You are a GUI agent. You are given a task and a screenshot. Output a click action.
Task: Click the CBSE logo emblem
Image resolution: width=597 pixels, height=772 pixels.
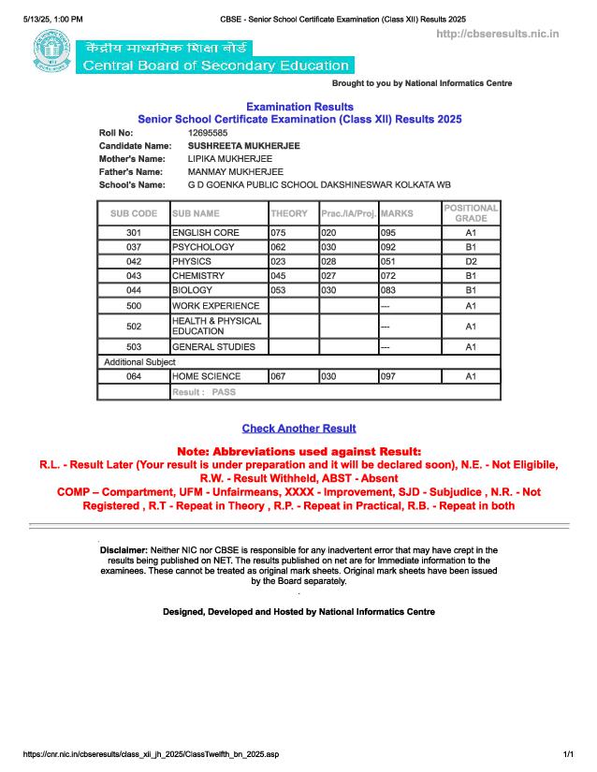pyautogui.click(x=51, y=52)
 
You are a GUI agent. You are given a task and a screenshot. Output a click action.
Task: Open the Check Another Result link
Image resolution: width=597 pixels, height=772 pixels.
pyautogui.click(x=298, y=429)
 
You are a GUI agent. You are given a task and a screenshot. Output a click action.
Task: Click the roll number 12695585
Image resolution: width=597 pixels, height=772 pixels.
pyautogui.click(x=208, y=134)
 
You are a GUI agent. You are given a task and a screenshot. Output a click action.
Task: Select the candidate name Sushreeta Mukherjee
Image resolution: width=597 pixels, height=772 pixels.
pyautogui.click(x=244, y=147)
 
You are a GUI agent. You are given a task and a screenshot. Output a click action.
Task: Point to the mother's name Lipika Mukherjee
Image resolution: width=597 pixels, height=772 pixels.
pyautogui.click(x=229, y=160)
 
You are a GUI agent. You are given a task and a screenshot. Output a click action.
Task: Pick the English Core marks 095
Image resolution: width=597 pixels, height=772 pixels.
pyautogui.click(x=388, y=232)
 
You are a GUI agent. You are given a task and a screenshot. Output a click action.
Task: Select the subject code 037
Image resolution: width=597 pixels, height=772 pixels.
pyautogui.click(x=133, y=247)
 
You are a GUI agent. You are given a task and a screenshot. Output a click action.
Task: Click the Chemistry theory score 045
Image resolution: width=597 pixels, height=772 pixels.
pyautogui.click(x=278, y=276)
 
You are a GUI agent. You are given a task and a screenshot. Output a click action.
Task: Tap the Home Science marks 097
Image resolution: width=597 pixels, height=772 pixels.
pyautogui.click(x=388, y=376)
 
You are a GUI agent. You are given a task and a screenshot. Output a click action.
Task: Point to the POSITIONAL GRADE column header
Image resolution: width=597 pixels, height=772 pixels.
pyautogui.click(x=471, y=212)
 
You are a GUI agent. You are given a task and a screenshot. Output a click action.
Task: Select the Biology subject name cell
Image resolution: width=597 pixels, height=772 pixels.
pyautogui.click(x=192, y=291)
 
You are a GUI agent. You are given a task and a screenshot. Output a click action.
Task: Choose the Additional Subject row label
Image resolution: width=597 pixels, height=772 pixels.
pyautogui.click(x=133, y=362)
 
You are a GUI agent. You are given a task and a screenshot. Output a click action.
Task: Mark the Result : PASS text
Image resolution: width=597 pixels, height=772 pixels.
pyautogui.click(x=204, y=393)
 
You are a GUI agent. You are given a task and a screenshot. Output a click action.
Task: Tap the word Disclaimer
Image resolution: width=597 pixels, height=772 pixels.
pyautogui.click(x=124, y=550)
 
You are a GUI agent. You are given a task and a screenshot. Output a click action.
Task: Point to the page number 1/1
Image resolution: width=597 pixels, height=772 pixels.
pyautogui.click(x=567, y=754)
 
